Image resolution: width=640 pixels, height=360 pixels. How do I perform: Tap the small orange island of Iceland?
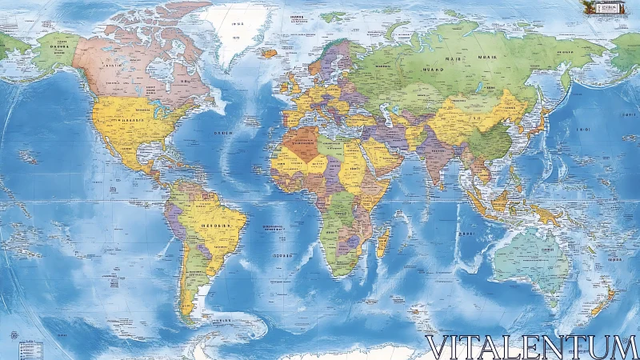269,53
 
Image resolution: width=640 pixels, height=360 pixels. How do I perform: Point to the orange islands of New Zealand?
604,300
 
